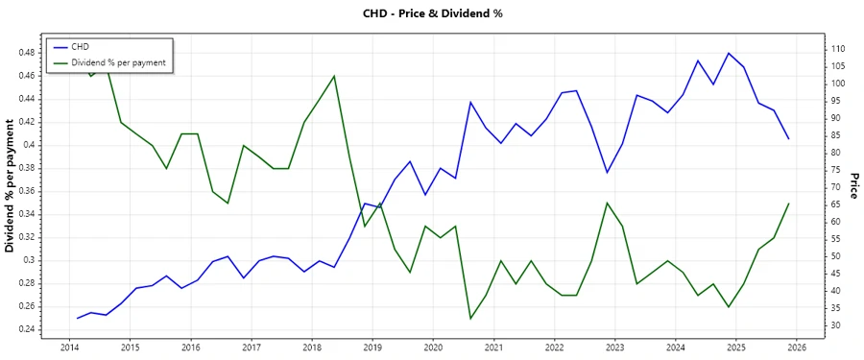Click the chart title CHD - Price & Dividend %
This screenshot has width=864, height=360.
click(x=431, y=13)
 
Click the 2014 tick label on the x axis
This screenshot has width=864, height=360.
click(x=70, y=348)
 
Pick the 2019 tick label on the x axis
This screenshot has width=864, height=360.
click(x=372, y=348)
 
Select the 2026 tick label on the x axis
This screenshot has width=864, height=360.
click(x=796, y=348)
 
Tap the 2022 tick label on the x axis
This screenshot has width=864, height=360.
click(x=554, y=348)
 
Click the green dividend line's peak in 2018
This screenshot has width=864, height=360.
click(x=334, y=76)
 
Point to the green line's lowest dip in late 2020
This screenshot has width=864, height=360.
click(x=470, y=319)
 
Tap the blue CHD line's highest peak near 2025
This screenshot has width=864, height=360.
click(x=729, y=53)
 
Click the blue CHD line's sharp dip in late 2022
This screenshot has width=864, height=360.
click(x=607, y=173)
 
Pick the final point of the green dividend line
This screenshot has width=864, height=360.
click(x=789, y=204)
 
